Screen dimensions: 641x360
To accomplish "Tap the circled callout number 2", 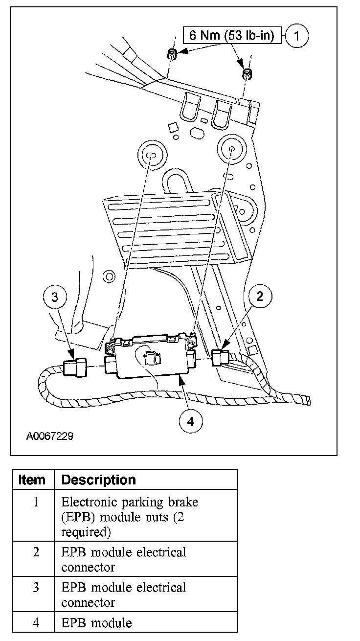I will coord(260,296).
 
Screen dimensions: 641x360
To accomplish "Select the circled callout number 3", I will coord(55,296).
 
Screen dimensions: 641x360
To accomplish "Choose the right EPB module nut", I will coord(247,74).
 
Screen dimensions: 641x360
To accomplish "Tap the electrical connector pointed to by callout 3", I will coord(75,366).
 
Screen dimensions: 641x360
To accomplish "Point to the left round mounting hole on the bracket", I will coord(151,156).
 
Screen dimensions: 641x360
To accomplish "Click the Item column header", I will coord(32,480).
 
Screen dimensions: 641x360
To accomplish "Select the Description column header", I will coord(99,480).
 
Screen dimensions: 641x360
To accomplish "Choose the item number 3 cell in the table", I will coord(36,587).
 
